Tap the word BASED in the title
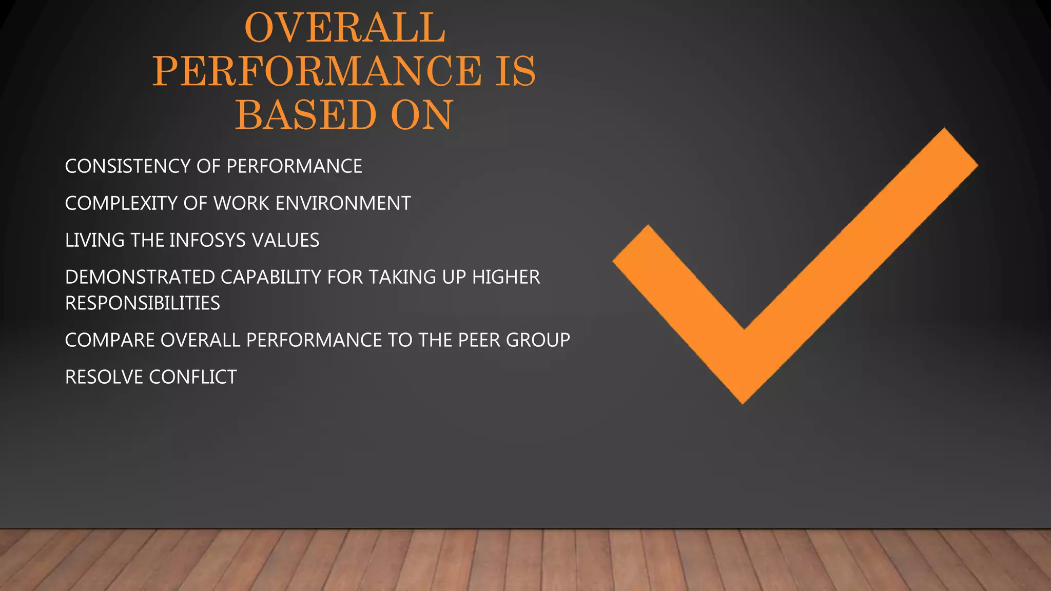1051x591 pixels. [306, 115]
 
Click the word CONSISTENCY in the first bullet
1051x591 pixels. [128, 166]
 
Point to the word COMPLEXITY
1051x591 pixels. [121, 203]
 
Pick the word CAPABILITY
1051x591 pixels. [271, 277]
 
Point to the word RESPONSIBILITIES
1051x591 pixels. [143, 303]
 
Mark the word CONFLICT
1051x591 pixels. [193, 377]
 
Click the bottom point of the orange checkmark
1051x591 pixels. [743, 401]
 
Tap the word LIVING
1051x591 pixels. [95, 240]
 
